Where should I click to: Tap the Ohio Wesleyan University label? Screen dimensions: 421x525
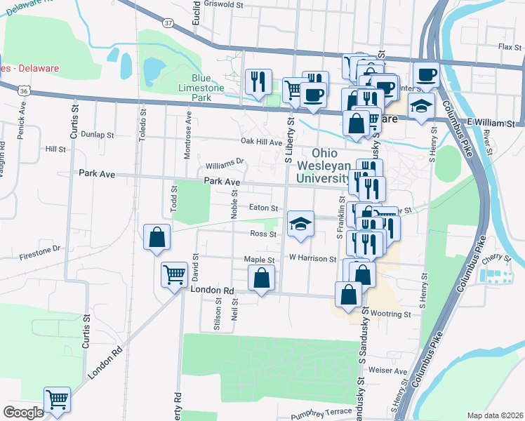tap(326, 166)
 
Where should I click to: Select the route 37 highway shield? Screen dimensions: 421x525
tap(167, 23)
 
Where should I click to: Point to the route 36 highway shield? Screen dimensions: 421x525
tap(24, 91)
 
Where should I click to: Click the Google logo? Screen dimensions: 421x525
tap(23, 413)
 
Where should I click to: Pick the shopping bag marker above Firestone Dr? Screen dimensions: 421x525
tap(156, 237)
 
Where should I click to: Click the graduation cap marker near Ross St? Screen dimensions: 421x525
tap(300, 224)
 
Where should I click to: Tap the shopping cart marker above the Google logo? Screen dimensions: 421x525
tap(58, 400)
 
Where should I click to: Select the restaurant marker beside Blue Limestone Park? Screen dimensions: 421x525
tap(258, 81)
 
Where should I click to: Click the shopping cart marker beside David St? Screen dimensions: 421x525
tap(174, 275)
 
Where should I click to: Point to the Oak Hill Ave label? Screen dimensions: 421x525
tap(260, 142)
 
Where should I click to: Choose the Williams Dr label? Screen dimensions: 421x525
tap(225, 165)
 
